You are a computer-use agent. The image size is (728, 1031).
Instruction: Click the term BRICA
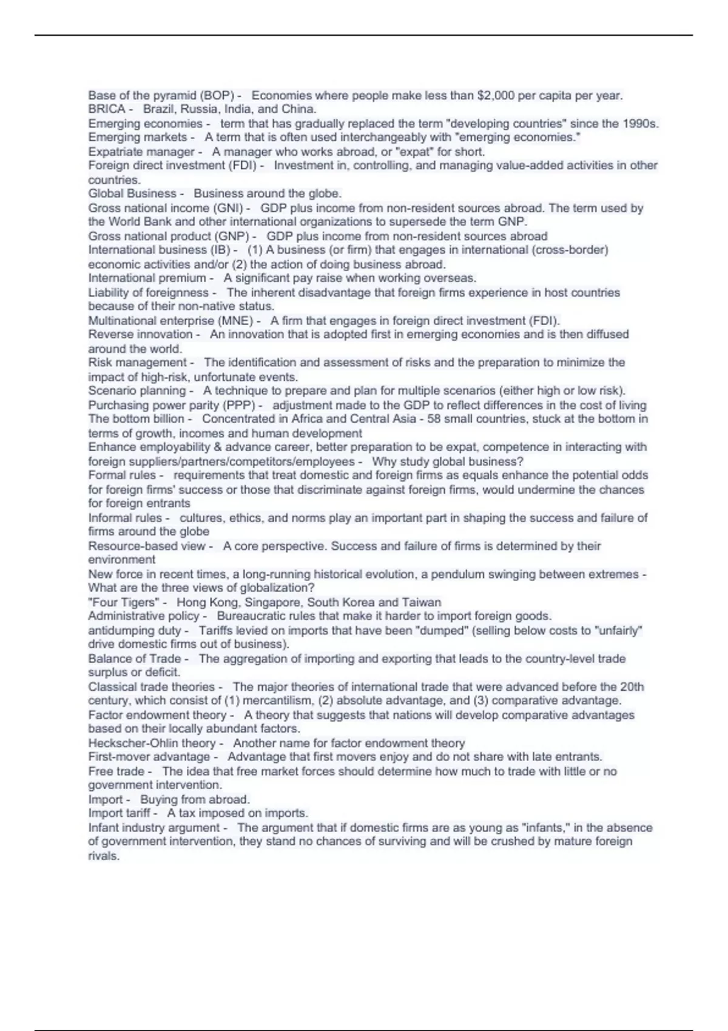click(x=106, y=110)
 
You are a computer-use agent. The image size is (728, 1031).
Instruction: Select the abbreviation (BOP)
click(x=217, y=95)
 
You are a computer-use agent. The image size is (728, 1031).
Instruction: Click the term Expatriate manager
click(x=141, y=152)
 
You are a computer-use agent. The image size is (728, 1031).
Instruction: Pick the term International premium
click(x=147, y=278)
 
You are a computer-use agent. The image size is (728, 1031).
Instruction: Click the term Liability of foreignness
click(x=148, y=293)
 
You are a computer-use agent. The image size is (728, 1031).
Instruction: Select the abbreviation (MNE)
click(x=238, y=321)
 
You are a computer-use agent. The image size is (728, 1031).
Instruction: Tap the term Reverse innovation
click(x=140, y=335)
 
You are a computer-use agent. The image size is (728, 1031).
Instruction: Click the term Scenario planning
click(x=137, y=391)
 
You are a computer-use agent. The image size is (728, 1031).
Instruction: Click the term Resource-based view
click(x=147, y=546)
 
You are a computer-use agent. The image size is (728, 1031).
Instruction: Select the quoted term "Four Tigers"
click(x=124, y=603)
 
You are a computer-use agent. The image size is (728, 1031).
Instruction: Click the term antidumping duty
click(x=134, y=631)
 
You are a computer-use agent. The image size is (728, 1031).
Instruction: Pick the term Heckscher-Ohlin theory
click(x=152, y=744)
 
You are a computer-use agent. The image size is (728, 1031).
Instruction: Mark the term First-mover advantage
click(x=149, y=757)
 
